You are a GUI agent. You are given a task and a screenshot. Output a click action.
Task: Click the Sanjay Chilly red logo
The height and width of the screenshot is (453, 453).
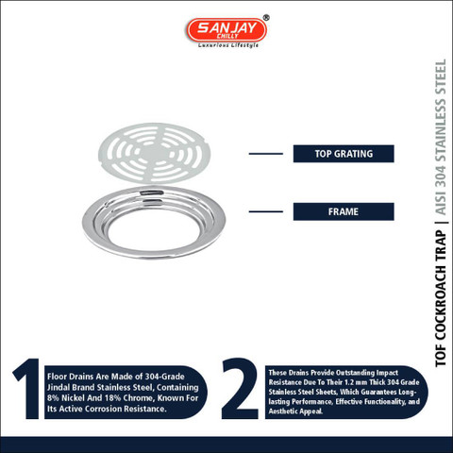[x=226, y=30]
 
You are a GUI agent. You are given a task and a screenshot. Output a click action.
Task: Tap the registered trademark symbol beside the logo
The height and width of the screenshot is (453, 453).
[x=266, y=18]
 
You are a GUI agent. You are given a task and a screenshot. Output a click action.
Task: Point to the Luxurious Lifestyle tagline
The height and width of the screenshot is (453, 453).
[x=228, y=45]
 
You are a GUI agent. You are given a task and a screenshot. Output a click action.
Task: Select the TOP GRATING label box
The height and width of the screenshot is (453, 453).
[x=344, y=154]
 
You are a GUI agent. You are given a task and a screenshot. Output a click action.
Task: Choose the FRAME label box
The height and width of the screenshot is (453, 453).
[x=344, y=211]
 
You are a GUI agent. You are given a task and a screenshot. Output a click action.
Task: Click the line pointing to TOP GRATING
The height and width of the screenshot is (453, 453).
[x=266, y=154]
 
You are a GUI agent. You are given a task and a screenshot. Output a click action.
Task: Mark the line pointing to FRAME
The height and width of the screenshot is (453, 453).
[x=266, y=211]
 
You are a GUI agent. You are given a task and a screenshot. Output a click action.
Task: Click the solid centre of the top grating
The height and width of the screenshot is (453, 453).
[x=154, y=153]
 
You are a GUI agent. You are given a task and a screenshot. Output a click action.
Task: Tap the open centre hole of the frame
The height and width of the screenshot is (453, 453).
[x=154, y=228]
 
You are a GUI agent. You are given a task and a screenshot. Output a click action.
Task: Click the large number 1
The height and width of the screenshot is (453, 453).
[x=27, y=389]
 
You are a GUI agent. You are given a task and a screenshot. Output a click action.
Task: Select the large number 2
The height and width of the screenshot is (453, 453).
[x=240, y=389]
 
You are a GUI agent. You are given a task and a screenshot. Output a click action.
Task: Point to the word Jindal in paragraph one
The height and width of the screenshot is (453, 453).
[x=59, y=387]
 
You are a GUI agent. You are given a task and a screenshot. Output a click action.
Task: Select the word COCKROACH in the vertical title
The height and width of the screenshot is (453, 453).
[x=441, y=303]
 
